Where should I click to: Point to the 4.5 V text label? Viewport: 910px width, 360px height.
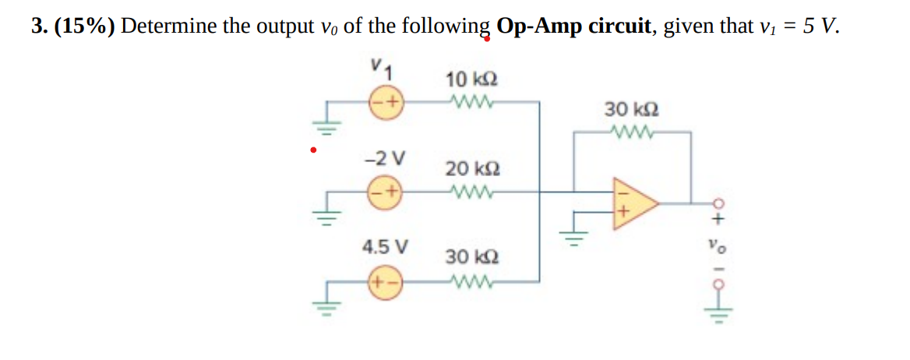385,247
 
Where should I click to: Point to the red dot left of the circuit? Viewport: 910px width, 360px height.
313,150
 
